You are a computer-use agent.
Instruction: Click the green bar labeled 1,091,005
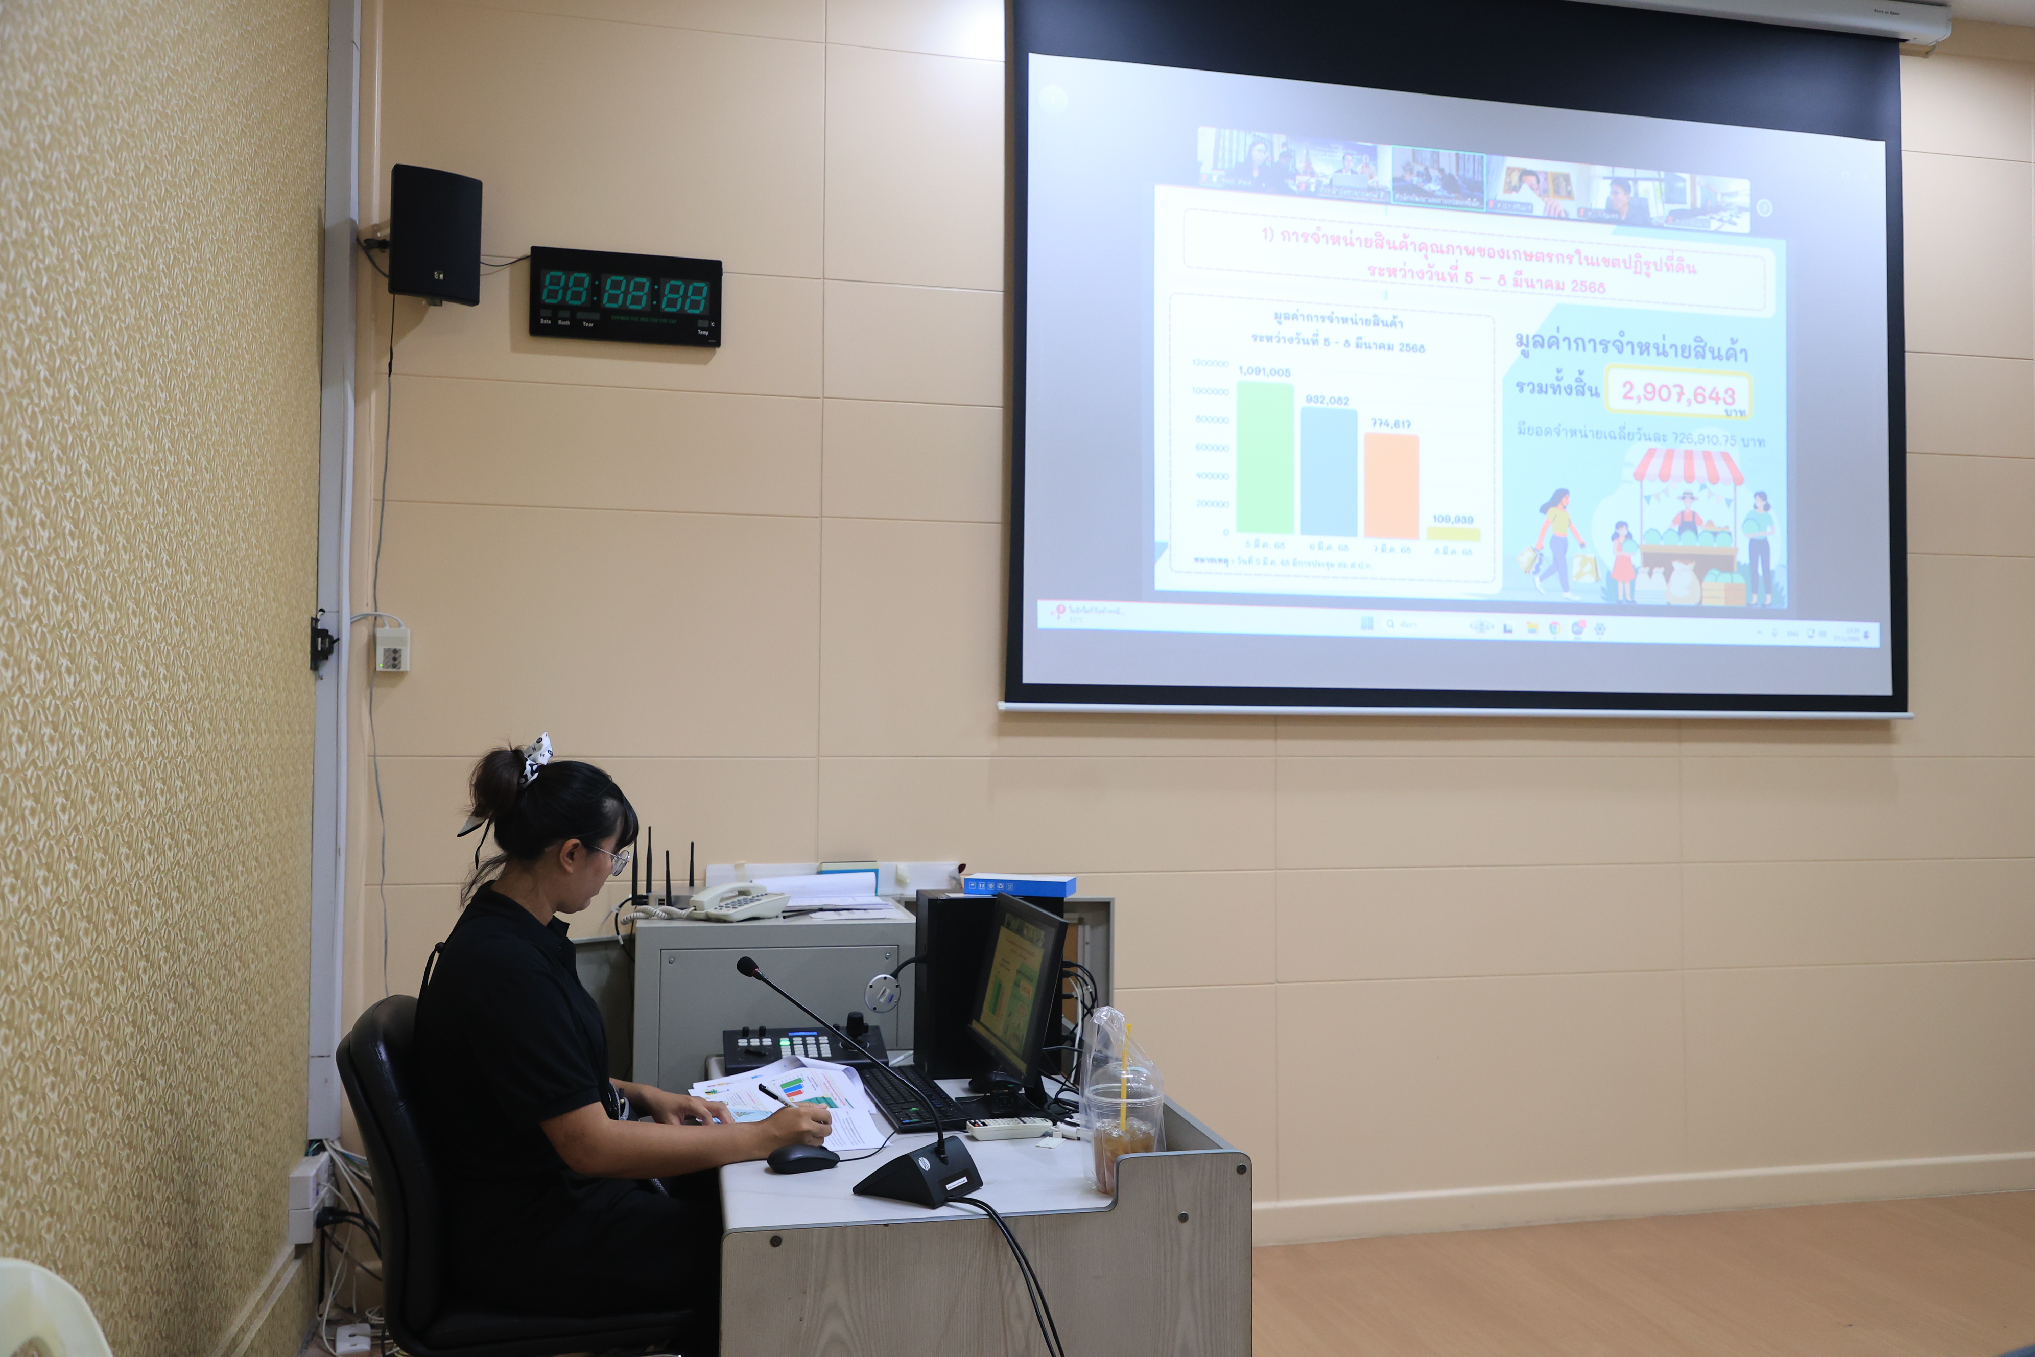coord(1265,459)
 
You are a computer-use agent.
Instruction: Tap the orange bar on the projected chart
coord(1391,485)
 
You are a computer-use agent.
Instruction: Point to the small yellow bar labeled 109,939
coord(1453,534)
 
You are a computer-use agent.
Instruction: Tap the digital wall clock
coord(625,296)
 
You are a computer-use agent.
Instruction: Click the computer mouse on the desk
coord(801,1158)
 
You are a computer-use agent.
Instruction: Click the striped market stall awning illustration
coord(1687,468)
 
